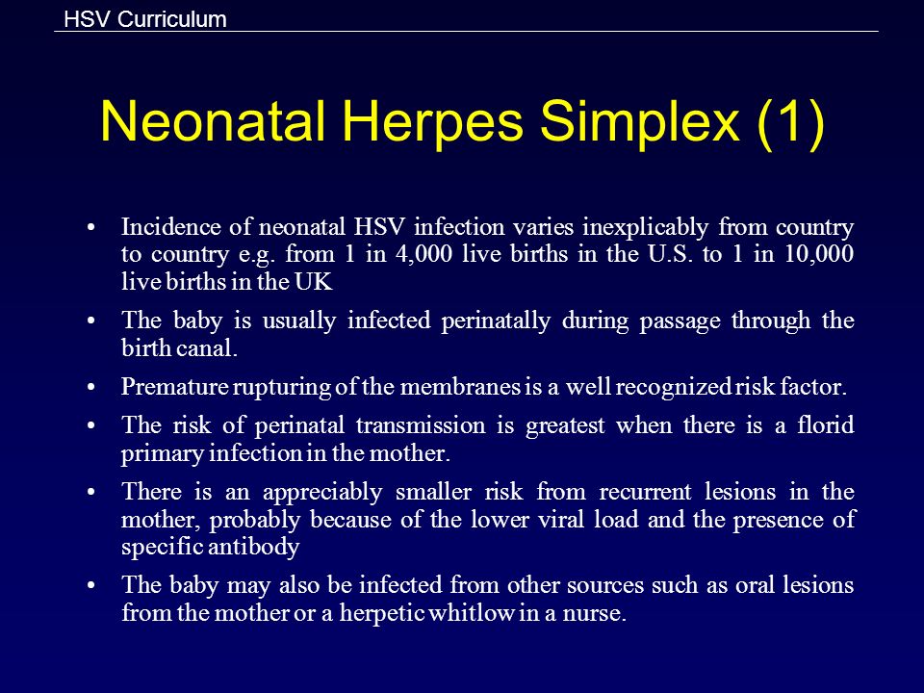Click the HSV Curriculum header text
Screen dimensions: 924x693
tap(145, 19)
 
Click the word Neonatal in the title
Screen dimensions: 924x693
tap(213, 121)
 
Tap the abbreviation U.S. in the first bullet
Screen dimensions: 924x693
tap(670, 254)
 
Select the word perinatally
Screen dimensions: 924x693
tap(496, 321)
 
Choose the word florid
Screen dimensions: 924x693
tap(826, 424)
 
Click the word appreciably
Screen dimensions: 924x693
tap(322, 492)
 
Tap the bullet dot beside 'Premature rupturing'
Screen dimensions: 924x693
tap(90, 388)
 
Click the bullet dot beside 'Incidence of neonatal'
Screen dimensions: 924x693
tap(90, 228)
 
